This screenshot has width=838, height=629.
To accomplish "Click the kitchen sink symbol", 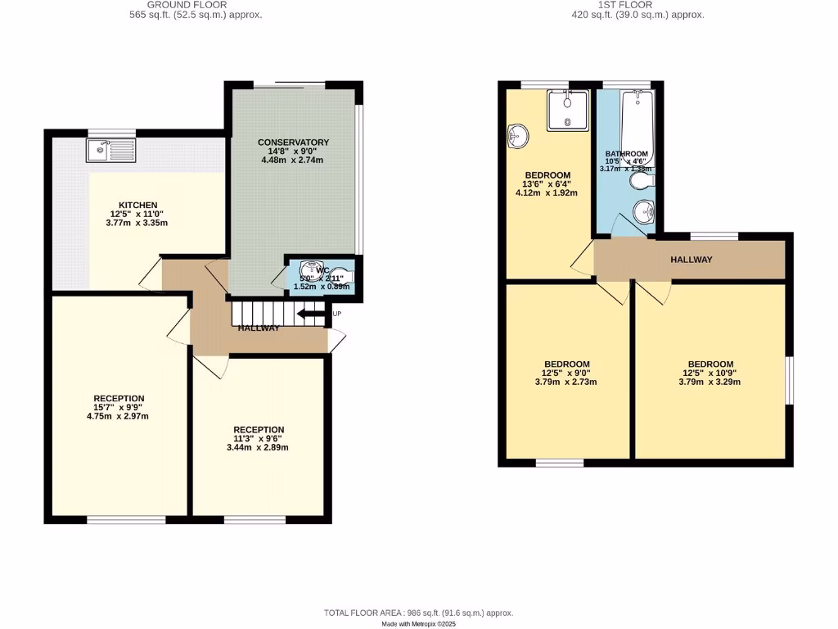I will (x=109, y=150).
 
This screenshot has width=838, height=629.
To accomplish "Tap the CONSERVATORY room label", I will (x=293, y=143).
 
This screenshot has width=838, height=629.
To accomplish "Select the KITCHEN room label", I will (x=137, y=205).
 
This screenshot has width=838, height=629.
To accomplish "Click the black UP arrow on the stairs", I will (x=311, y=314).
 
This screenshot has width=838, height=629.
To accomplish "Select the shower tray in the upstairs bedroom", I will (x=566, y=110).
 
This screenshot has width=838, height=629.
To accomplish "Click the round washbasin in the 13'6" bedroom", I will (x=517, y=135).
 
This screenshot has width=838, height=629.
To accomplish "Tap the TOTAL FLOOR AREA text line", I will (x=418, y=613).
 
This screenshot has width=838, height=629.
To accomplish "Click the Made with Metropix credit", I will (x=418, y=623).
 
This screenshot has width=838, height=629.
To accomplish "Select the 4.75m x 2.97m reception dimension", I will (x=119, y=416).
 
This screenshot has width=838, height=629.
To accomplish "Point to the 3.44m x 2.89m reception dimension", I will (x=259, y=447).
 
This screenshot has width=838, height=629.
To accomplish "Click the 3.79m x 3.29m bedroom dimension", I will (x=710, y=382).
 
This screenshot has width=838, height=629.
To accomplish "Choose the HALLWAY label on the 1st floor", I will (x=691, y=260).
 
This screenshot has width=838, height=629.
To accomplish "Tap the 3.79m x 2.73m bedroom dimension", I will (x=566, y=382).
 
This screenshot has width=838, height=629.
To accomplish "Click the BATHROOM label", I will (x=626, y=154).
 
